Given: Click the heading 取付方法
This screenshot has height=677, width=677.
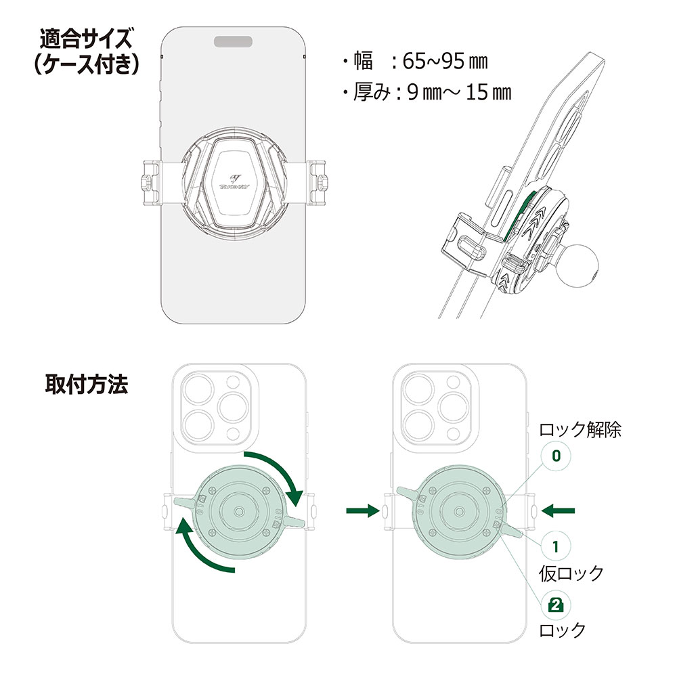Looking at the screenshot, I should pos(86,384).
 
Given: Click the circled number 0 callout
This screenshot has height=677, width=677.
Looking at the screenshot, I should pos(556,455).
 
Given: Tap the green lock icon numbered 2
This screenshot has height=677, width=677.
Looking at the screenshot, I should pos(556,605).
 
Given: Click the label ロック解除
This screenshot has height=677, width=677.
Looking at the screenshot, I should pos(580,429).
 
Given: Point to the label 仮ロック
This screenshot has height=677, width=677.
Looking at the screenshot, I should pos(571,573).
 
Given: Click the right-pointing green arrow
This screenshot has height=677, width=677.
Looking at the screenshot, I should pos(362,510).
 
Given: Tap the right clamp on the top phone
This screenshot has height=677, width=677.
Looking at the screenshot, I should pos(318,181).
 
